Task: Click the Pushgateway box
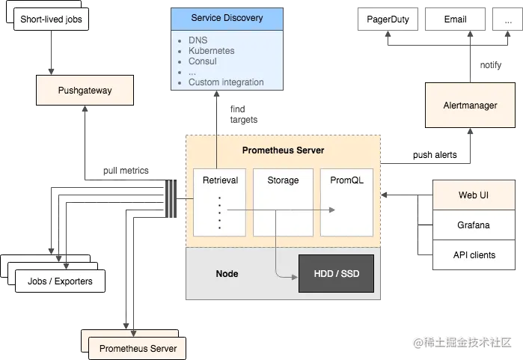pos(85,90)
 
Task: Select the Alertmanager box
pos(470,105)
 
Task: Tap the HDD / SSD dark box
pos(336,274)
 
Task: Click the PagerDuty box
pos(388,19)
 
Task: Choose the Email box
pos(455,19)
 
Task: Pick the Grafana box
pos(474,225)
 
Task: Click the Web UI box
pos(474,195)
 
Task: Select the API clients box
pos(474,255)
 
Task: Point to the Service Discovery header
pos(227,19)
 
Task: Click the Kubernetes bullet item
pos(212,51)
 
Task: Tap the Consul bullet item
pos(203,61)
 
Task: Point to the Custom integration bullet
pos(226,82)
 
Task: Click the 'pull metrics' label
pos(126,171)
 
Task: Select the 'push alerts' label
pos(435,155)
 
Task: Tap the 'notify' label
pos(490,65)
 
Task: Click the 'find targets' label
pos(243,114)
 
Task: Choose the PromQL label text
pos(346,180)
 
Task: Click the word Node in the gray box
pos(227,274)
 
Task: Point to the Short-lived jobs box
pos(51,19)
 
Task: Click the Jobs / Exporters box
pos(60,281)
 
